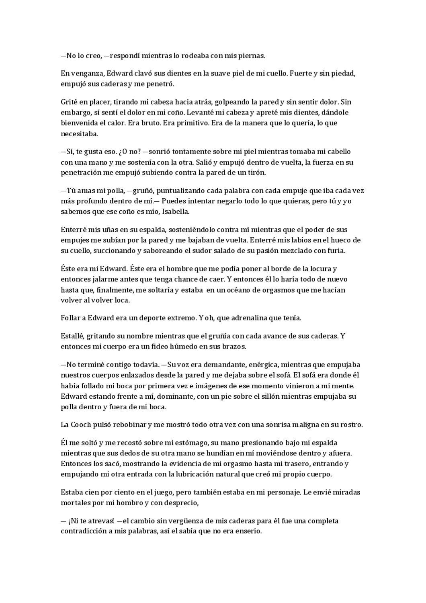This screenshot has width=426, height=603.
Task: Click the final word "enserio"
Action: coord(249,531)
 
